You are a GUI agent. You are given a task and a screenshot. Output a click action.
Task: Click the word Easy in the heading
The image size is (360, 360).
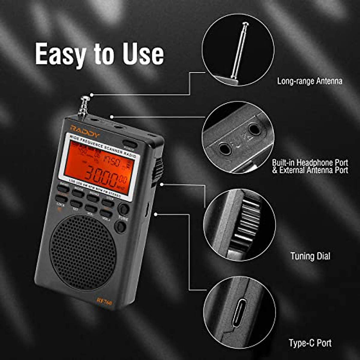[x=60, y=54]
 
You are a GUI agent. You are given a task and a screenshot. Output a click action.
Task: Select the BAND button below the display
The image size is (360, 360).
[x=63, y=188]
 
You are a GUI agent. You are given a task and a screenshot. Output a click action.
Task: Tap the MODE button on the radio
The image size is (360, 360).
[x=78, y=193]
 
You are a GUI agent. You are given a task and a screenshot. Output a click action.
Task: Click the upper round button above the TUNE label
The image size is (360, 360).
[x=123, y=209]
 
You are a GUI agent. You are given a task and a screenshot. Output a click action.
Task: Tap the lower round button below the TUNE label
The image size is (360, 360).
[x=120, y=227]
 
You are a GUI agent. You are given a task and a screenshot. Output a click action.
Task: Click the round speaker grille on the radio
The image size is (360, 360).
[x=83, y=252]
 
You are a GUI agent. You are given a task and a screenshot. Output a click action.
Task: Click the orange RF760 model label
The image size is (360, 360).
[x=104, y=301]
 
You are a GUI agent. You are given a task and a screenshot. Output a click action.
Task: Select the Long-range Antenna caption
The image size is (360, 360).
[x=310, y=81]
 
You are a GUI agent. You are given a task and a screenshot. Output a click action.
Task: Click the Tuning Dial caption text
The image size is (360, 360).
[x=310, y=256]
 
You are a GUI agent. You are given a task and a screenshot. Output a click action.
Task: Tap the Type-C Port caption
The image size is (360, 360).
[x=310, y=343]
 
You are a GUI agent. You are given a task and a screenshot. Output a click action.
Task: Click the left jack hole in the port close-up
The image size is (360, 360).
[x=224, y=148]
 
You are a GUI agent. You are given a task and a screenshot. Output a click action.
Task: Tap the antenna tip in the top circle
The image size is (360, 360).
[x=246, y=24]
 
